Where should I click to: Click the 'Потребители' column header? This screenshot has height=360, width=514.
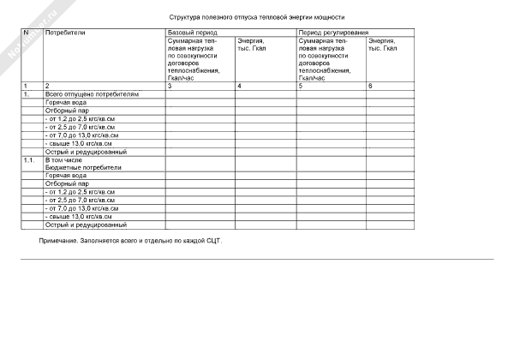tap(64, 32)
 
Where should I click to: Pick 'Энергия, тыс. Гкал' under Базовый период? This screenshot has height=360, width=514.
tap(251, 44)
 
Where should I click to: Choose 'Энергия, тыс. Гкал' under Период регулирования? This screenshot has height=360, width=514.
tap(382, 44)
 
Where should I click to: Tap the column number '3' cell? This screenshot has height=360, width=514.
tap(170, 87)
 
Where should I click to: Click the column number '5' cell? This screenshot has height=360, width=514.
tap(301, 87)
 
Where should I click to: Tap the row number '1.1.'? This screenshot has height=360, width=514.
tap(29, 160)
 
